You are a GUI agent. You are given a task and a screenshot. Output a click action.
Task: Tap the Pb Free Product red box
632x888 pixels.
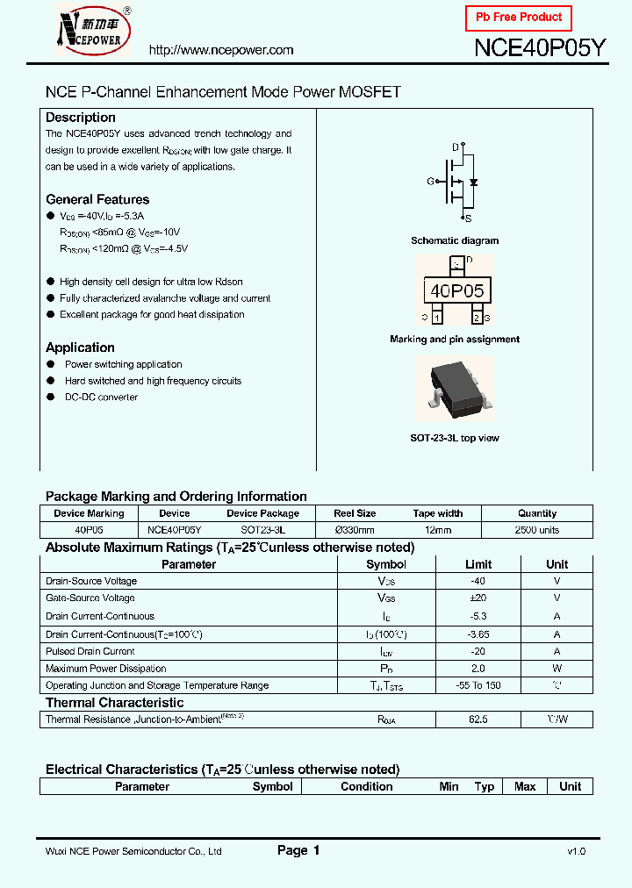[519, 18]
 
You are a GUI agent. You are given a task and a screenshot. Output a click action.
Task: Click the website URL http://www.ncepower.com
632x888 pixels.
[221, 50]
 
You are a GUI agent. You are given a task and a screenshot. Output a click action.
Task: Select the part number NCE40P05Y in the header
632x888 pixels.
[540, 48]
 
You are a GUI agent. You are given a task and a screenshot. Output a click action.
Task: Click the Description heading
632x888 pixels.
[81, 118]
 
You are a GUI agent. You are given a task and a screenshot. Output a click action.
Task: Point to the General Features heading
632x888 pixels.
[97, 199]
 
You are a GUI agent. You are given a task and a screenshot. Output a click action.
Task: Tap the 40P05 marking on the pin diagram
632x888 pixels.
[456, 291]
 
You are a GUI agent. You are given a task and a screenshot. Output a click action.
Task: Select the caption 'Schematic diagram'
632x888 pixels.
[455, 240]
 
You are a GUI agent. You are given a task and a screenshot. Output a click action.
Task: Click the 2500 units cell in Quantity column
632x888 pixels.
[537, 530]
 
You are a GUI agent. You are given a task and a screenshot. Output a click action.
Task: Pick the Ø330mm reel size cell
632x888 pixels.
[355, 530]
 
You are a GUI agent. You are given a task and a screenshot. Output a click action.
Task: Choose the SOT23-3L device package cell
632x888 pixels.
[262, 530]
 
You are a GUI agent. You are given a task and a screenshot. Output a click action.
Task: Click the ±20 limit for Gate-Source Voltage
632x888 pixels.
[478, 598]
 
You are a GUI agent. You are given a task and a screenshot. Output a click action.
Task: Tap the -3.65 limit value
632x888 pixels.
[478, 634]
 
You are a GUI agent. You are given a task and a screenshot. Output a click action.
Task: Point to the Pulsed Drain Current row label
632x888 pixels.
[90, 651]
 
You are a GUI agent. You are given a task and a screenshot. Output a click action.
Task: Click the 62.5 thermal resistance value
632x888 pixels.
[478, 720]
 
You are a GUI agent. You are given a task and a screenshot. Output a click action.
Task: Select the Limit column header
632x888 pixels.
[478, 564]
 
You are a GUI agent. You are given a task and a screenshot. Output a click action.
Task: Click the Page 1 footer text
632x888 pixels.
[298, 850]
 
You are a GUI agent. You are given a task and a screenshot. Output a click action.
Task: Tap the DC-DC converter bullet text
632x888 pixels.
[101, 397]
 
